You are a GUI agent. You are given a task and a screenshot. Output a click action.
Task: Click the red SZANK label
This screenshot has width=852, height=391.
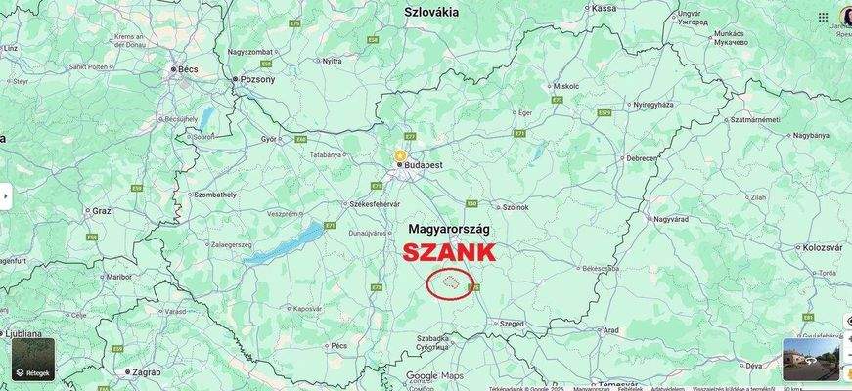pos(450,252)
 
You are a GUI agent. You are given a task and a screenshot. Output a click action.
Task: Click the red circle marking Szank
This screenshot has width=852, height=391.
pos(449,284)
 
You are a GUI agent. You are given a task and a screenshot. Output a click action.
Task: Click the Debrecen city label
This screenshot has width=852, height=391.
pos(642,157)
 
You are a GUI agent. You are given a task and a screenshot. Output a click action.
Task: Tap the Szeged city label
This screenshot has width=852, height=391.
pos(512,323)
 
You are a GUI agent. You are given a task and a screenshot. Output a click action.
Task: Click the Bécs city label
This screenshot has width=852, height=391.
pos(186,69)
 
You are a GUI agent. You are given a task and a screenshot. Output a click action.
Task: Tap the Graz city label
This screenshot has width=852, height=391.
pos(102,210)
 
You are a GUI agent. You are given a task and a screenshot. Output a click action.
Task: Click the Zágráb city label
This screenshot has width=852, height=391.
pos(146,372)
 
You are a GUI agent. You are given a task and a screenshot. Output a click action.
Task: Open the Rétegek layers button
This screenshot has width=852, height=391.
pos(32,359)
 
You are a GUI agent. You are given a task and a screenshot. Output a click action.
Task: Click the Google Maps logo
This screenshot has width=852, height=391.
pos(434,375)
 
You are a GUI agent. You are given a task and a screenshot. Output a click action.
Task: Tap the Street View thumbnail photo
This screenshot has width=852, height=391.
pos(810,359)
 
